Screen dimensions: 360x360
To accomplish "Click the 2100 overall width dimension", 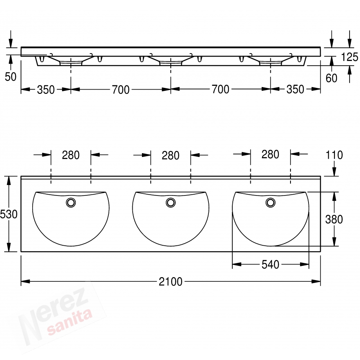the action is pos(170,281).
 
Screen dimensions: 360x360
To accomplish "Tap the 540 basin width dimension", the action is pos(270,265).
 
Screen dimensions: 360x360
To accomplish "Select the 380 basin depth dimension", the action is pos(334,219).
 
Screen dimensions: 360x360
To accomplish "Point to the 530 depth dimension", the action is pos(9,214).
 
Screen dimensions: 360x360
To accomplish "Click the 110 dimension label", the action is pos(334,155).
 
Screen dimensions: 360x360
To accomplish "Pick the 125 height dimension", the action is pos(350,57).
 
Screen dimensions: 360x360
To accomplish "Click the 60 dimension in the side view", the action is pos(331,78).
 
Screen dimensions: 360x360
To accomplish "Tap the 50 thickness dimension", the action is pos(10,77).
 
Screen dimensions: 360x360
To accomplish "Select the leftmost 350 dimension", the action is pos(46,90).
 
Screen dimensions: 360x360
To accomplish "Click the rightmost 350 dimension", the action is pos(295,89).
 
